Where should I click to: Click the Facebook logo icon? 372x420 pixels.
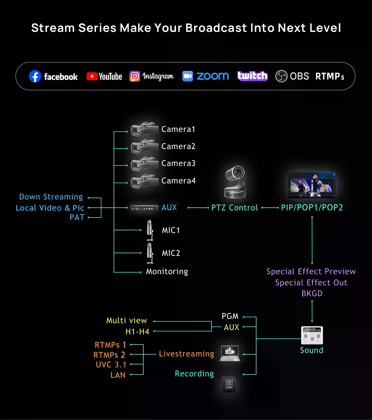pyautogui.click(x=35, y=76)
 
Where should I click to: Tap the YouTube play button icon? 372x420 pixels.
pyautogui.click(x=92, y=76)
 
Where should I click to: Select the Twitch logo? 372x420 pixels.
pyautogui.click(x=252, y=76)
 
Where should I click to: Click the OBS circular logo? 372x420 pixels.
pyautogui.click(x=281, y=76)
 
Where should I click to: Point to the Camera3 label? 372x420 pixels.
pyautogui.click(x=178, y=163)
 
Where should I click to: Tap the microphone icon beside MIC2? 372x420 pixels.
pyautogui.click(x=150, y=253)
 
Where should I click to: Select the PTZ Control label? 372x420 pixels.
pyautogui.click(x=234, y=208)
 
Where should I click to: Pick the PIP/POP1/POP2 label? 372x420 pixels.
pyautogui.click(x=312, y=208)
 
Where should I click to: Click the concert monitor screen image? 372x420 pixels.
pyautogui.click(x=312, y=185)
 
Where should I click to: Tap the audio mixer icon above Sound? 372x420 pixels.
pyautogui.click(x=312, y=335)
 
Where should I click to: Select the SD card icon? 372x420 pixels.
pyautogui.click(x=229, y=385)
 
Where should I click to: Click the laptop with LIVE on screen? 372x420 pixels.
pyautogui.click(x=230, y=353)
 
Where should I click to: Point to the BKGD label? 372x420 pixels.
pyautogui.click(x=312, y=294)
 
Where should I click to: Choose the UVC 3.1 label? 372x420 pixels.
pyautogui.click(x=111, y=365)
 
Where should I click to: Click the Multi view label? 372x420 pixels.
pyautogui.click(x=126, y=321)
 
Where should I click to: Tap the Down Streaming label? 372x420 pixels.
pyautogui.click(x=51, y=197)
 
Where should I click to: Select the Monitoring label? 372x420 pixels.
pyautogui.click(x=167, y=271)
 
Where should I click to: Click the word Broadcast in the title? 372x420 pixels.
pyautogui.click(x=216, y=28)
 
